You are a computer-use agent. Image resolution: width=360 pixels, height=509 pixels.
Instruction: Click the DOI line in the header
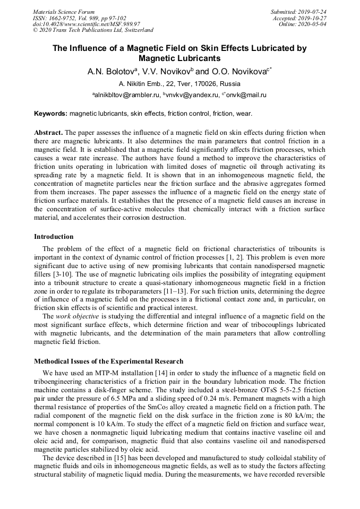86,24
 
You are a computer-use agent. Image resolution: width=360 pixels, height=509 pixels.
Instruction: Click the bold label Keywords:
50,114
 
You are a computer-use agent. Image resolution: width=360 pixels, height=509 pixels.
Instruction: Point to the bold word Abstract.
48,132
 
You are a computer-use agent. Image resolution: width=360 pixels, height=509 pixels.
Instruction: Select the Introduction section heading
54,237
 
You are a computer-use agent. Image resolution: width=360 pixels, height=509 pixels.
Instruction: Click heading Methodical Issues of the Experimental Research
109,361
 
